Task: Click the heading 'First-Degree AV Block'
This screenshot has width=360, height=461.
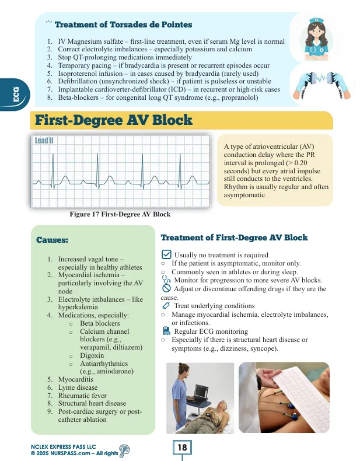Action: [113, 121]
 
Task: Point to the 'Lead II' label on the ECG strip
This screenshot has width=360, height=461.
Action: [44, 141]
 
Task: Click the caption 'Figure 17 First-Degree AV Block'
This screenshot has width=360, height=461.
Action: [120, 214]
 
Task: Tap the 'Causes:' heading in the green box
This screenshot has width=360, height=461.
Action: [53, 240]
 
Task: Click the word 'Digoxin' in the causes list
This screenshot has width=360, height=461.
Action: [92, 355]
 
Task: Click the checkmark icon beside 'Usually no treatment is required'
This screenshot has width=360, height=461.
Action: [166, 254]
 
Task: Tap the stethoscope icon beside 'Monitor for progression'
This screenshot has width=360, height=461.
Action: [166, 280]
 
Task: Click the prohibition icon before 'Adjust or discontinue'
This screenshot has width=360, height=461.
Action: [166, 288]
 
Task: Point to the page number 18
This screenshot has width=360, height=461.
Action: [181, 448]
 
